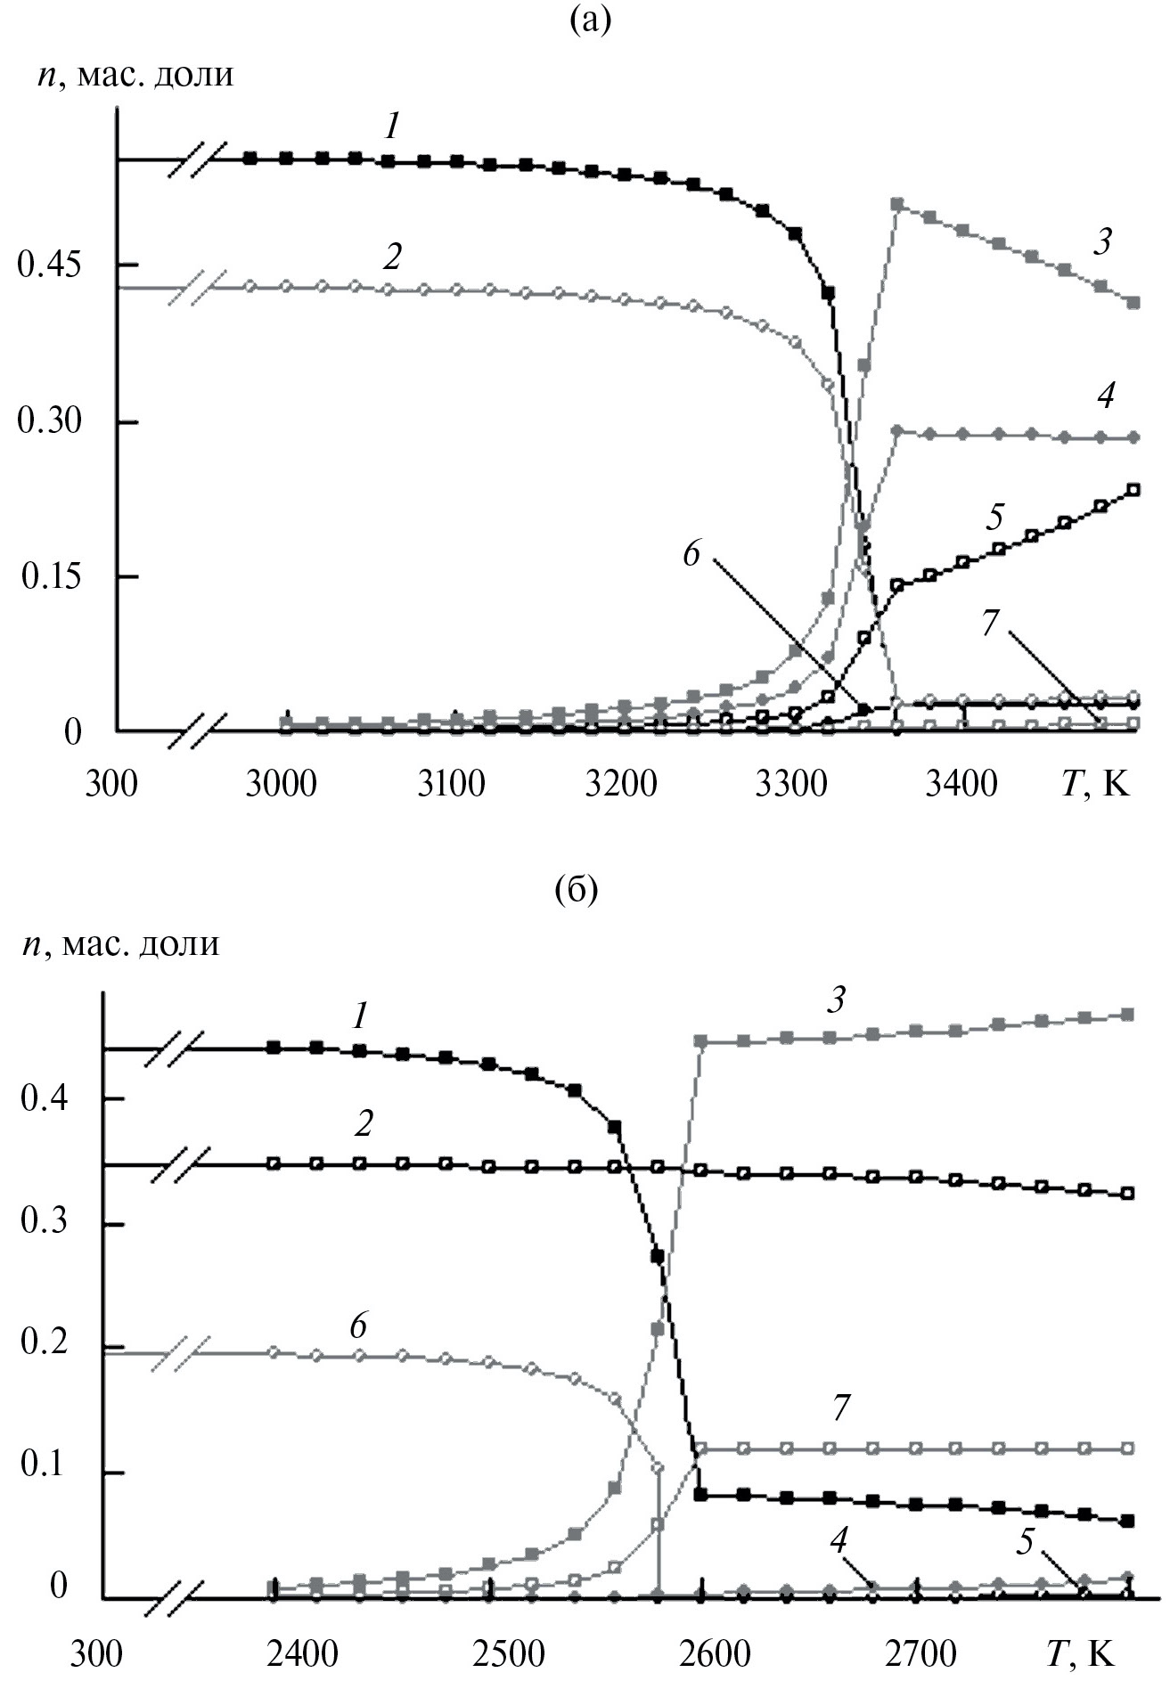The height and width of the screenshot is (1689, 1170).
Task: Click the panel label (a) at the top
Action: (x=591, y=20)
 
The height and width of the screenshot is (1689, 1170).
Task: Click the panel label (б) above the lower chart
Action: (x=576, y=889)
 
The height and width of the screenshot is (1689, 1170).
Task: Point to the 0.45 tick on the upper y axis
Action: (x=49, y=265)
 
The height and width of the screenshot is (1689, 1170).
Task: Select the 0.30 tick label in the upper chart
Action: (x=49, y=420)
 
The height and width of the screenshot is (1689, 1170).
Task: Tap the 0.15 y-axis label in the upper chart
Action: (x=49, y=576)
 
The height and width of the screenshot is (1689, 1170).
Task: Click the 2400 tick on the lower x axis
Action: (x=303, y=1653)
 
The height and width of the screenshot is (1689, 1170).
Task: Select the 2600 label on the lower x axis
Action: (x=713, y=1653)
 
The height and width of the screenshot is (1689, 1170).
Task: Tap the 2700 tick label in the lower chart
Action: (x=919, y=1653)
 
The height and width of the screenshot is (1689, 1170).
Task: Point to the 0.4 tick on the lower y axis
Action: (x=44, y=1099)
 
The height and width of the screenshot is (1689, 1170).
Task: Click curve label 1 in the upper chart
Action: (x=392, y=128)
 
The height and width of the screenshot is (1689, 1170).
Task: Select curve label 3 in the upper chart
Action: (x=1103, y=241)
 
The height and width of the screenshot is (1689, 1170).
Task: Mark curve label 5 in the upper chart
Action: (x=994, y=517)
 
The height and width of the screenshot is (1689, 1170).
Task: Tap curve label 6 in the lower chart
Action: (x=357, y=1326)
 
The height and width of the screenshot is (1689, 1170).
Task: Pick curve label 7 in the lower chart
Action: (x=839, y=1407)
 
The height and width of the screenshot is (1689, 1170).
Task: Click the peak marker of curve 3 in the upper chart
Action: (x=897, y=205)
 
